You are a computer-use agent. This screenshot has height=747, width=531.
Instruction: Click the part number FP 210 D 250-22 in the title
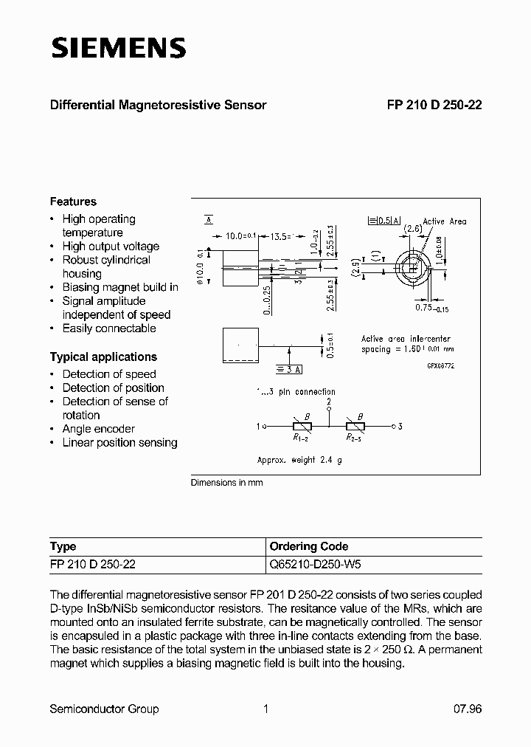click(x=434, y=105)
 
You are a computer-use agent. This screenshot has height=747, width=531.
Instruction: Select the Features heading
click(x=73, y=202)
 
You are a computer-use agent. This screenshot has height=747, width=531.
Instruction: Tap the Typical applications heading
click(x=103, y=357)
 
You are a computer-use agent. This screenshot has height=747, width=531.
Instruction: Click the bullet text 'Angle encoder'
click(x=98, y=429)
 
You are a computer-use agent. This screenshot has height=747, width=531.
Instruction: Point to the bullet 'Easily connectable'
click(x=109, y=328)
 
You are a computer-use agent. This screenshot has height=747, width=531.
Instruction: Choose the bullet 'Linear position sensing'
click(x=119, y=443)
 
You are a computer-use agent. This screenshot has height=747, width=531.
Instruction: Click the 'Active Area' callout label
click(x=444, y=221)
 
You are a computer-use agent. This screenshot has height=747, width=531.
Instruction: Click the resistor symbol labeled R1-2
click(x=302, y=426)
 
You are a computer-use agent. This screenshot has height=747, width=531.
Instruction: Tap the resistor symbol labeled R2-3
click(x=355, y=426)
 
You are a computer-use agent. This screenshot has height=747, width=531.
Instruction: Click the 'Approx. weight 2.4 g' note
click(x=299, y=460)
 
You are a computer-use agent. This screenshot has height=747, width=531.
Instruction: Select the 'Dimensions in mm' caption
click(x=226, y=483)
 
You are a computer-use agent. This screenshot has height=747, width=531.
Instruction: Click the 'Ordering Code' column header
click(x=309, y=547)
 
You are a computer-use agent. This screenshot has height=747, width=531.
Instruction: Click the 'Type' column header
click(x=63, y=547)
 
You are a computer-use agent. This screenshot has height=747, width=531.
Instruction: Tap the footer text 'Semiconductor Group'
click(x=104, y=709)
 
